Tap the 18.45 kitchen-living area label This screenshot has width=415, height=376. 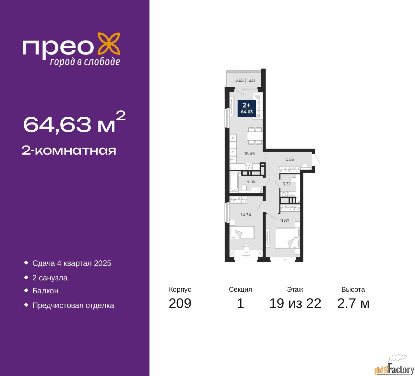click(x=249, y=154)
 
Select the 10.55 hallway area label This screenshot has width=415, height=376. click(x=289, y=159)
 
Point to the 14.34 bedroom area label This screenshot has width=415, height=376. click(x=246, y=215)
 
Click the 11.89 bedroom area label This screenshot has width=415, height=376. click(x=285, y=221)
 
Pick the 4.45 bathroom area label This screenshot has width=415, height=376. click(x=251, y=182)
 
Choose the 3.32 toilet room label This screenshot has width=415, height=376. click(x=287, y=184)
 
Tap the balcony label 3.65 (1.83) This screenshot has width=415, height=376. click(x=245, y=80)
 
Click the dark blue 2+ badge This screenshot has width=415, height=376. click(x=247, y=108)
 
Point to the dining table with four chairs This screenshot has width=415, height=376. click(x=255, y=136)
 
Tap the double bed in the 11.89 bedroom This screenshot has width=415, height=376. click(x=287, y=238)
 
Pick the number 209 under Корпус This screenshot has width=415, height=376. click(x=180, y=303)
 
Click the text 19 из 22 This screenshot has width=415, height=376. click(x=295, y=303)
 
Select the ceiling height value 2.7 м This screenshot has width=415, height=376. click(x=353, y=303)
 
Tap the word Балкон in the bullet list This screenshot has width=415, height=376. click(x=45, y=291)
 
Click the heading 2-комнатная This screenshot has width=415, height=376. click(x=69, y=151)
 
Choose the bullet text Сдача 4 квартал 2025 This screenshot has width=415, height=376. click(x=72, y=263)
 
